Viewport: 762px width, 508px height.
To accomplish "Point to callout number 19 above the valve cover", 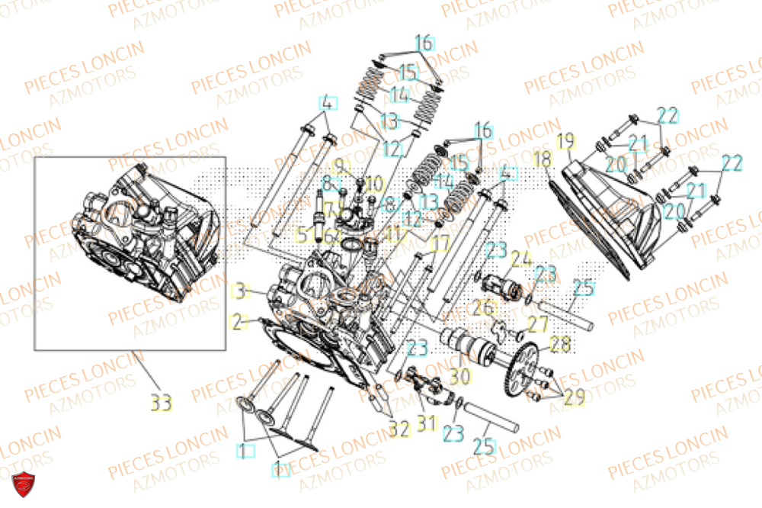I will pyautogui.click(x=565, y=141).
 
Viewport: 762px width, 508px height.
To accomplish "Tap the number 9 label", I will pyautogui.click(x=339, y=165).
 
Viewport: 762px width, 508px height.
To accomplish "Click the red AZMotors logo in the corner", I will pyautogui.click(x=23, y=483).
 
